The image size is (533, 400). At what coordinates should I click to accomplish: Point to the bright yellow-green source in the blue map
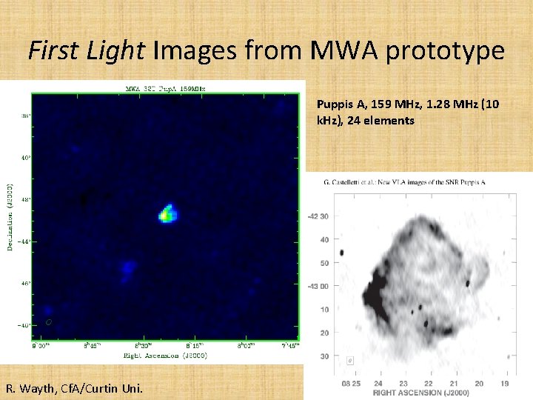167,214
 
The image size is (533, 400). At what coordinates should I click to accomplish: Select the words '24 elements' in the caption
382,120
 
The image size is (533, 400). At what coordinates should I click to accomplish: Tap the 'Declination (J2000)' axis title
9,216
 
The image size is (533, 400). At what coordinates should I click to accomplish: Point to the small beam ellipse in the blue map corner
49,322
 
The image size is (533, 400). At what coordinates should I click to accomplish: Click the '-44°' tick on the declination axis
23,241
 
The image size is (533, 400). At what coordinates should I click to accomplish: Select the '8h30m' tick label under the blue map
143,345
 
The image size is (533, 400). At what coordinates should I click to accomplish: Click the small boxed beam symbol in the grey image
350,361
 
